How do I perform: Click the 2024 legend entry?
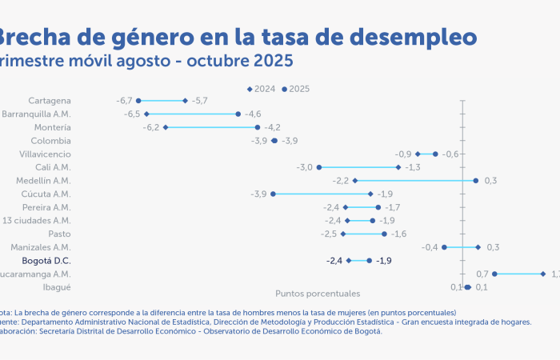262,88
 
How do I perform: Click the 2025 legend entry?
296,88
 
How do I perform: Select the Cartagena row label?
50,101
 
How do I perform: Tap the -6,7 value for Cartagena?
124,101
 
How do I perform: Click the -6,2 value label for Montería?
151,127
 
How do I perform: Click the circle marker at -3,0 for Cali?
319,167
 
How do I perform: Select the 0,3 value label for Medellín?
490,181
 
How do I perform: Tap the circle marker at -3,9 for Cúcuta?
274,194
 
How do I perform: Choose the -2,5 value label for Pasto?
329,234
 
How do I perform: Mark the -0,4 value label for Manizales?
430,247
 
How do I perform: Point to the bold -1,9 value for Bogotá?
384,261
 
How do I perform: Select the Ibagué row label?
57,286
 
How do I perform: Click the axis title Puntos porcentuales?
318,294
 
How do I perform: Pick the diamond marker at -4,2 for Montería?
258,127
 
